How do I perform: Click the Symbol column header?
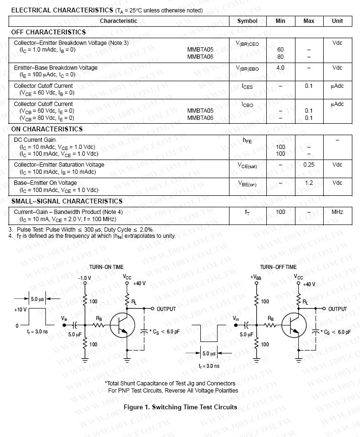[247, 21]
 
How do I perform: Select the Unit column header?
[337, 21]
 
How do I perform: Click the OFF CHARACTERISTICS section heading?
[48, 32]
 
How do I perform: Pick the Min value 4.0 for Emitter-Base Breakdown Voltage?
[280, 68]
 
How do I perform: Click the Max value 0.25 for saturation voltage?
[309, 165]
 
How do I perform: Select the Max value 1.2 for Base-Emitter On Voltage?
[309, 183]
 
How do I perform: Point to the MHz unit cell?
[337, 212]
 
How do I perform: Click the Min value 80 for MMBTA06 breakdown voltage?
[280, 57]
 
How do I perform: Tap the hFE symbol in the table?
[247, 140]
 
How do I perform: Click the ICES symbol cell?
[247, 86]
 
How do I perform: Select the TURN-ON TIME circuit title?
[106, 267]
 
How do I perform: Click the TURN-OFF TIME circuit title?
[278, 267]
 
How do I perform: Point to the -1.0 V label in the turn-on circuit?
[84, 277]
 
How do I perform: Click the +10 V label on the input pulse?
[20, 309]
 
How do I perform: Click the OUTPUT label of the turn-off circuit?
[338, 309]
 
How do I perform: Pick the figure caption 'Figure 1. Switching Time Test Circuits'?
[180, 407]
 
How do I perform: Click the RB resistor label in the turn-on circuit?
[99, 318]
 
